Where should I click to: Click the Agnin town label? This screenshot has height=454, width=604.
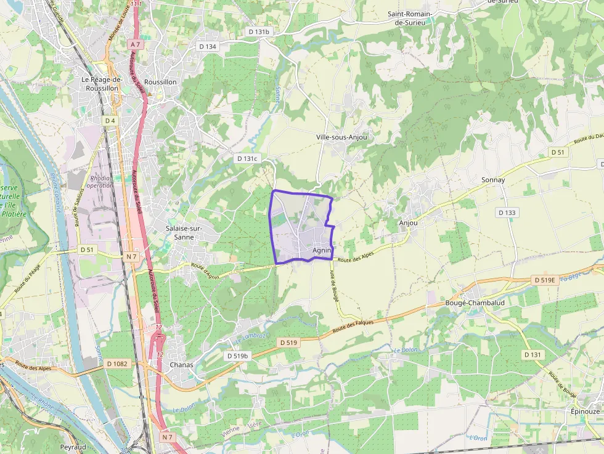pos(322,250)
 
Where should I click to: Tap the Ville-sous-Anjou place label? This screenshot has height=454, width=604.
pos(341,137)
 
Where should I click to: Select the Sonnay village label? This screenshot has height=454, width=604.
pos(493,180)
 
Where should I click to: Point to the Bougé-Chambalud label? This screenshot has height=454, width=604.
pos(475,303)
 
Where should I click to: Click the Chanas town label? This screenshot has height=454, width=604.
pos(181,365)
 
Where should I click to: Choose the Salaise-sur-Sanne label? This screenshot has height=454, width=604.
pos(184,232)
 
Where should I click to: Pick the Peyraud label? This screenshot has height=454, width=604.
pos(73,447)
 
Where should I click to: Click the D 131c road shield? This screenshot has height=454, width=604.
pos(247,158)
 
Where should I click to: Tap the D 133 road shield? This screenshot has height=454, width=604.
pos(507,213)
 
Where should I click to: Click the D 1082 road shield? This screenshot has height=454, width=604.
pos(116,363)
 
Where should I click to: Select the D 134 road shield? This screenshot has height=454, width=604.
pos(208,46)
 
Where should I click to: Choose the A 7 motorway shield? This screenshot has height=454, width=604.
pos(136,44)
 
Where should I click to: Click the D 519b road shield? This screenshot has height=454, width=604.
pos(237,356)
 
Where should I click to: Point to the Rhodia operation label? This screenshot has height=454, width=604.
pos(99,181)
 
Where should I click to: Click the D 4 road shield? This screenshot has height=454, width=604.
pos(110,121)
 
